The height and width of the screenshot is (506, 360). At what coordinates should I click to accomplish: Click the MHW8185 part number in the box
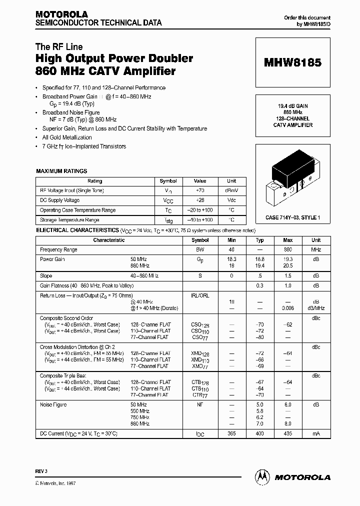292,63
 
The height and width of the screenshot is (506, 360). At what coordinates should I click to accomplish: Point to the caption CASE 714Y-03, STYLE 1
292,218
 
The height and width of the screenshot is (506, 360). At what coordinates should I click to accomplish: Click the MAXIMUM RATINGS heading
61,171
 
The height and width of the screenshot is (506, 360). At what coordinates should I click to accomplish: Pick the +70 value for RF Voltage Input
199,190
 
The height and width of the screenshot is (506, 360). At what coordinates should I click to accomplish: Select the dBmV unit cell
231,190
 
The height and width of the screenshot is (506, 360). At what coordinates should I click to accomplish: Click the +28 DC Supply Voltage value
199,200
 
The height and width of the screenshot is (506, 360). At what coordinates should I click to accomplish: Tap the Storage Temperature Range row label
69,220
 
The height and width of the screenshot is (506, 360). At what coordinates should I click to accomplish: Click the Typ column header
259,240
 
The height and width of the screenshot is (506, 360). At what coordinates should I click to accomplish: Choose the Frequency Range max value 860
288,249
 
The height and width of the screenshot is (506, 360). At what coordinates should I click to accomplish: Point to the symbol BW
200,249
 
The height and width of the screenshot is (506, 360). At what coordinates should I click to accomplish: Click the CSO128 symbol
200,324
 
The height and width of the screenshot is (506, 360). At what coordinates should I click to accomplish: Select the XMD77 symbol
200,366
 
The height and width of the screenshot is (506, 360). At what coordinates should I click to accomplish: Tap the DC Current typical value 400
259,433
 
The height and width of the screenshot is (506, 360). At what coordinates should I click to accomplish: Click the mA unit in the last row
316,433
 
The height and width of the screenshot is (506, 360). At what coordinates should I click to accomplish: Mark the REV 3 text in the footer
41,472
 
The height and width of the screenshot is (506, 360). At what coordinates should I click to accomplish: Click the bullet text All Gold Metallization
67,137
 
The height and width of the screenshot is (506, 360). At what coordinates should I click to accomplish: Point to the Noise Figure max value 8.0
288,423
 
